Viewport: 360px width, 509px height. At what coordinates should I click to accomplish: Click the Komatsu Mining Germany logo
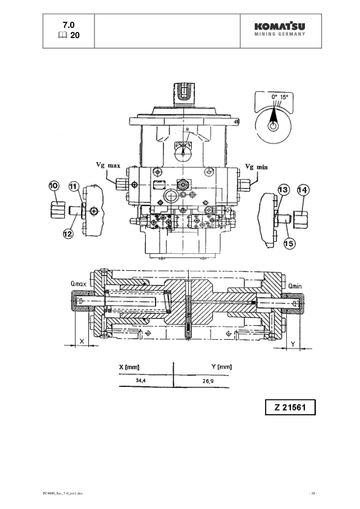[x=279, y=29]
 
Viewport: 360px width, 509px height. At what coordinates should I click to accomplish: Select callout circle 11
[x=74, y=186]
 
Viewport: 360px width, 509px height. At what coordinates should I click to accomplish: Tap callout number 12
[x=67, y=233]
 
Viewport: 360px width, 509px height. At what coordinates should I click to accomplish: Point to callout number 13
[x=283, y=190]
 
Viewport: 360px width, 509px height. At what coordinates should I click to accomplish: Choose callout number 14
[x=304, y=190]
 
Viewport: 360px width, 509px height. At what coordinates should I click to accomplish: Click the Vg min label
[x=256, y=166]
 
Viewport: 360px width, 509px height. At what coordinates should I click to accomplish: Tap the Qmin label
[x=295, y=287]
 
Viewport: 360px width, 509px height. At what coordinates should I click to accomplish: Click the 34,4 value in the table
[x=141, y=381]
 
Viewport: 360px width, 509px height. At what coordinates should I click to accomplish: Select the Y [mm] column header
[x=221, y=366]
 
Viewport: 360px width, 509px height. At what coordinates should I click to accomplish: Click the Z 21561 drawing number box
[x=290, y=407]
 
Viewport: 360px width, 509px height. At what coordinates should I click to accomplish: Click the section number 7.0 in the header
[x=69, y=25]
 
